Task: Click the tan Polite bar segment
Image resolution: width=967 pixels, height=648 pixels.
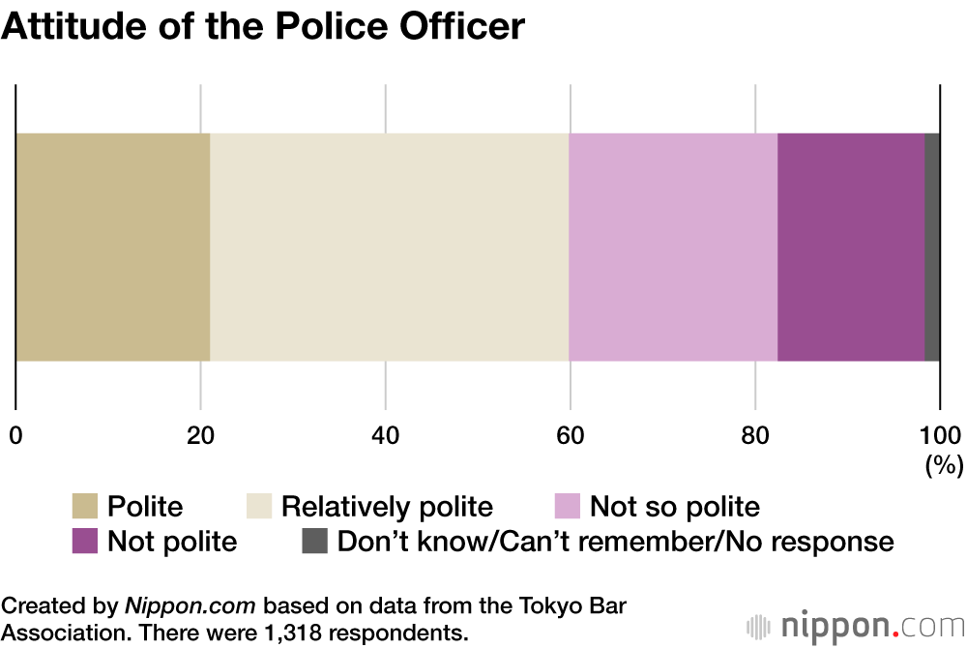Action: click(113, 248)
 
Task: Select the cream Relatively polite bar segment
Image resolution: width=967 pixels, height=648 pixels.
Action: click(389, 248)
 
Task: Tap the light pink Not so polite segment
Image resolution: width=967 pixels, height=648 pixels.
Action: click(673, 248)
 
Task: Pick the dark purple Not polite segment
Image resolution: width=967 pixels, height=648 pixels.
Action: click(851, 248)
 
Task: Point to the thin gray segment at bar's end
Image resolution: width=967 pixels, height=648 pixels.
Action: click(932, 248)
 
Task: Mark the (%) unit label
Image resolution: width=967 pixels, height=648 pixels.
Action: click(944, 465)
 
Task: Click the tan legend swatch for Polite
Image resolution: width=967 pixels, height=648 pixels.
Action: click(85, 506)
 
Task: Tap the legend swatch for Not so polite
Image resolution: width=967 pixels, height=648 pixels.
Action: click(567, 506)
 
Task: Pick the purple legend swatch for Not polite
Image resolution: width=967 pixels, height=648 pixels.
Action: click(85, 541)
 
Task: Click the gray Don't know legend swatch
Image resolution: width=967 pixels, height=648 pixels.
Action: click(314, 541)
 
